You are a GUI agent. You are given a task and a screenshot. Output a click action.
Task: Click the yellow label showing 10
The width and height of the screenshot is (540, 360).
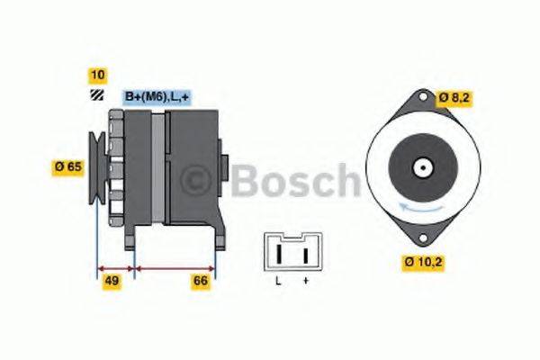pyautogui.click(x=97, y=75)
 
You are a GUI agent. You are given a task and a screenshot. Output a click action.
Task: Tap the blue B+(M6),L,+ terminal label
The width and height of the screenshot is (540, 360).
pyautogui.click(x=156, y=97)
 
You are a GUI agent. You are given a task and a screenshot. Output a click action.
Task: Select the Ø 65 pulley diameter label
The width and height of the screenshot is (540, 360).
pyautogui.click(x=69, y=166)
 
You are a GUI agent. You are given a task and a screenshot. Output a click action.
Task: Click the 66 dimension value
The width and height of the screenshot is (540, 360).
pyautogui.click(x=201, y=282)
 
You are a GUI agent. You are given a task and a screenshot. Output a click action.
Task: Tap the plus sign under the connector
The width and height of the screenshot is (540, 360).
pyautogui.click(x=305, y=282)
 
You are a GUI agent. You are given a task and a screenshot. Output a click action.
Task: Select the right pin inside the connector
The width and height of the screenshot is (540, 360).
pyautogui.click(x=305, y=254)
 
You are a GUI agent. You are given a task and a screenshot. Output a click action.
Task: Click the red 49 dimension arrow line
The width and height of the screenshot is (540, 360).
pyautogui.click(x=115, y=267)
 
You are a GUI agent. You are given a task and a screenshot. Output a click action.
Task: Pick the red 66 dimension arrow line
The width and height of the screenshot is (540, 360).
pyautogui.click(x=175, y=267)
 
